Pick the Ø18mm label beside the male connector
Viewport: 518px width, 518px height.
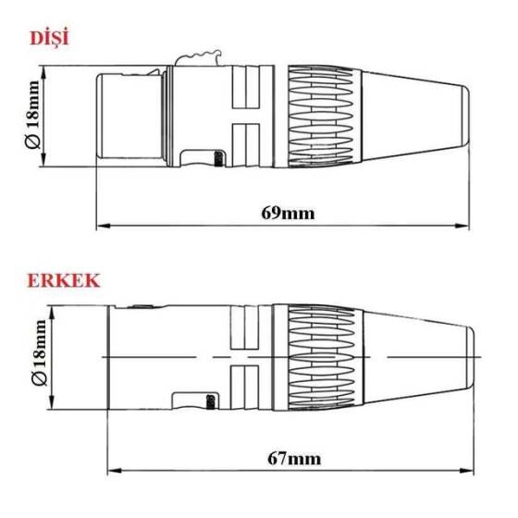pyautogui.click(x=37, y=355)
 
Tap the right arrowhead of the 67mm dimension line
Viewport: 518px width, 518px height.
pyautogui.click(x=475, y=469)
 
